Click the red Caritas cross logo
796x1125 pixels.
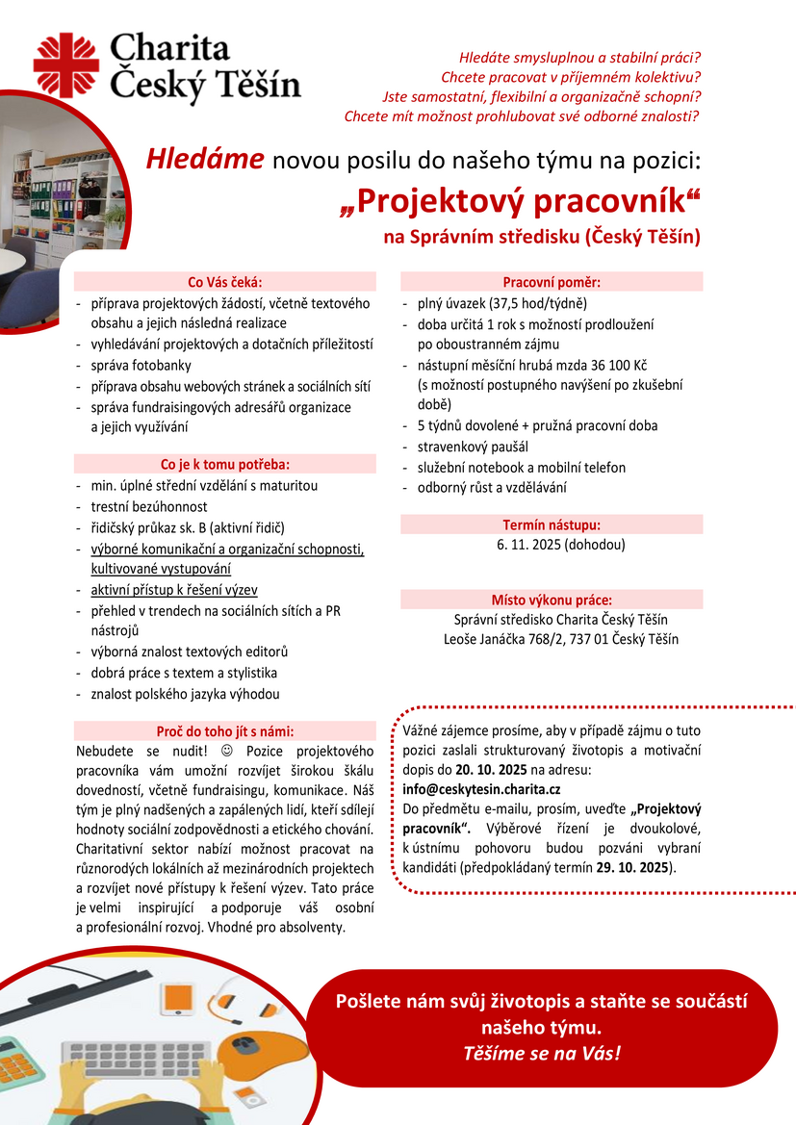(65, 64)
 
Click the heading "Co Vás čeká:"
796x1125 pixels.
(224, 282)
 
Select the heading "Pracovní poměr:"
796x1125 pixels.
(552, 282)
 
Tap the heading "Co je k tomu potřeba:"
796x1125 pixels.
(224, 464)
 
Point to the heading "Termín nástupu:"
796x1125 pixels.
(552, 524)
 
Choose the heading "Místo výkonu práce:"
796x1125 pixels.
(552, 599)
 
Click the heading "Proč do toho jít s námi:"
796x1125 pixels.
(224, 730)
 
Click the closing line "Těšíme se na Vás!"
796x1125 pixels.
(542, 1052)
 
